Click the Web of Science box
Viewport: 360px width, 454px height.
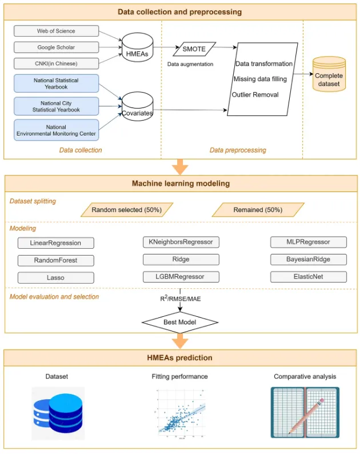tap(56, 31)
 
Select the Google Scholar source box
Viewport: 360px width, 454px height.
tap(56, 47)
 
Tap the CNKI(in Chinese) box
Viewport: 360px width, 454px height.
tap(56, 63)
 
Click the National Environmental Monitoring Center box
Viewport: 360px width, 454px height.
tap(56, 130)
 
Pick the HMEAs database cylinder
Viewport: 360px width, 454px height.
tap(137, 47)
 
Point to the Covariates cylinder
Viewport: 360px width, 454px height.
tap(137, 106)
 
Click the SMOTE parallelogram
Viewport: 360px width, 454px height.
tap(194, 49)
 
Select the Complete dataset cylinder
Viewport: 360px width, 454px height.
tap(329, 74)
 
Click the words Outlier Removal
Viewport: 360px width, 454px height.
tap(255, 95)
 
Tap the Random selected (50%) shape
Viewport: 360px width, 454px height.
tap(127, 210)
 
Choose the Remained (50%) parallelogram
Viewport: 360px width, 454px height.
tap(258, 210)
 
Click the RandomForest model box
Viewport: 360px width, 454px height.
tap(56, 260)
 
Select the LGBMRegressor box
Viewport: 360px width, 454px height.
tap(181, 277)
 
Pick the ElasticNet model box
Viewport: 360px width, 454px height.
tap(309, 277)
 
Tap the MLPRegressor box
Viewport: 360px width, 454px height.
tap(309, 242)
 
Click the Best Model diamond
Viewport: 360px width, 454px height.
tap(179, 322)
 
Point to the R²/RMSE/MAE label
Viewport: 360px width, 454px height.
tap(181, 298)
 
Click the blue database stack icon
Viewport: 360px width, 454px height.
tap(58, 413)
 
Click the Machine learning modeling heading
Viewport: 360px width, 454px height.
tap(181, 184)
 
